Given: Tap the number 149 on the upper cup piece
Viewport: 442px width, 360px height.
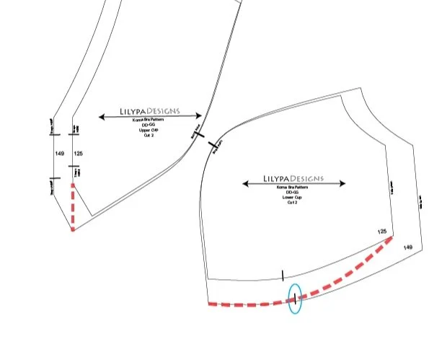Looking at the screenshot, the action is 59,154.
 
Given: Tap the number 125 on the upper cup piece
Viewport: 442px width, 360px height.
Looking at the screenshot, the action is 79,154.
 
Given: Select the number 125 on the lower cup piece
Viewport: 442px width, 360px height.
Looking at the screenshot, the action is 382,232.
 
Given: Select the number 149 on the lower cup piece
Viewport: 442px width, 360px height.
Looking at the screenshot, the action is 408,247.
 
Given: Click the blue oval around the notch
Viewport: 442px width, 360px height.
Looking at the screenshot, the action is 294,299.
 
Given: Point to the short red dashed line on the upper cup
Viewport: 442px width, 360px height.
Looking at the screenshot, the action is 72,205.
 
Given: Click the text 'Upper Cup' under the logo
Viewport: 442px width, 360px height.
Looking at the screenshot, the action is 150,130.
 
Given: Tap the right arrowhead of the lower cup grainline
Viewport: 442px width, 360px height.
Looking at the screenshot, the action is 342,183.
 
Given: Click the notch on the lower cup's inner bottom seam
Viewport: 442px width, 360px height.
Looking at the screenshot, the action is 283,275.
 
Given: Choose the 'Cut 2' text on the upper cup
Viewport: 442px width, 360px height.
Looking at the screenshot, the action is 150,135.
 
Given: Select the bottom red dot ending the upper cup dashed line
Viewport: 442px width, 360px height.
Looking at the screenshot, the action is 72,229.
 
